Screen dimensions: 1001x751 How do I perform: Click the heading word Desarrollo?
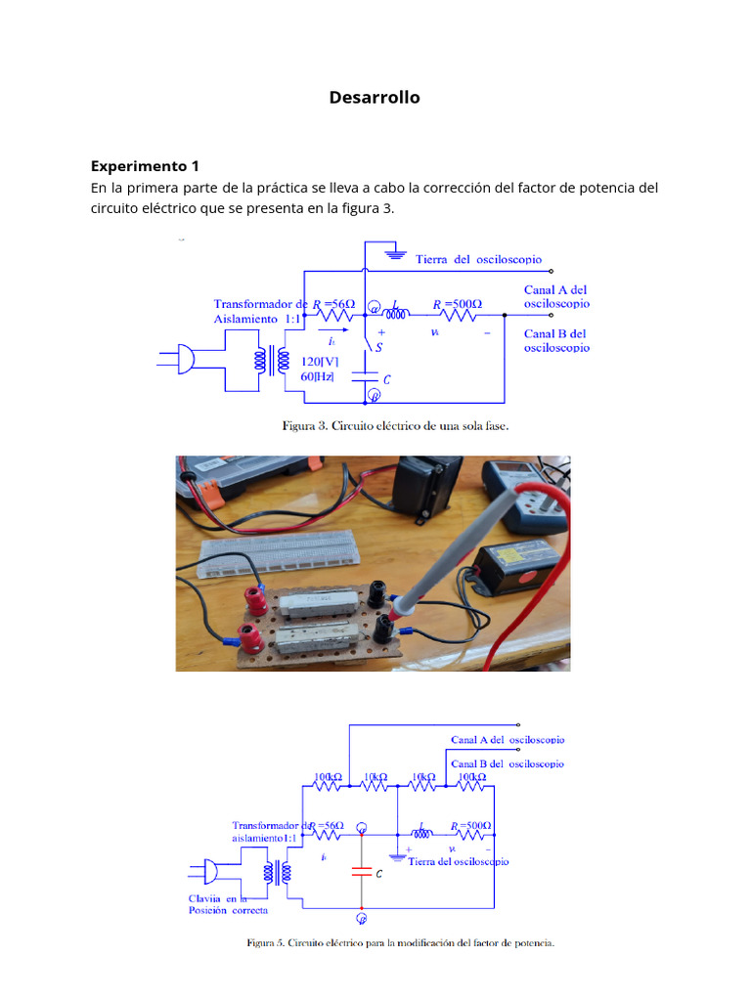point(375,97)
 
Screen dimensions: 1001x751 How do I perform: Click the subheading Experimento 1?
point(145,165)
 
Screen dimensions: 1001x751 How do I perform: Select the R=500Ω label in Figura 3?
point(459,304)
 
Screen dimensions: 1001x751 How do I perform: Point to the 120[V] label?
point(319,360)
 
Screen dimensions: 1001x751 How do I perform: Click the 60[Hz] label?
point(317,376)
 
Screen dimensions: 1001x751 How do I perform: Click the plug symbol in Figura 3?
point(181,359)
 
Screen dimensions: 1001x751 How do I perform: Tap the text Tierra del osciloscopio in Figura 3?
point(478,259)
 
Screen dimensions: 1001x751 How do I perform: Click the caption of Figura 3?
point(395,426)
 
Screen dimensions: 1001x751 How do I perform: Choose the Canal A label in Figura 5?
point(507,740)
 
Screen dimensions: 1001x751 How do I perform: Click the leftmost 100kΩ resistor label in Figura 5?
point(328,777)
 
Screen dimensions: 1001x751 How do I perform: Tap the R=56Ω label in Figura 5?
point(327,826)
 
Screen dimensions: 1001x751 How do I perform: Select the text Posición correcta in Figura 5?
point(227,910)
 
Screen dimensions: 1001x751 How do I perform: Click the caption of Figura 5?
point(399,943)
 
